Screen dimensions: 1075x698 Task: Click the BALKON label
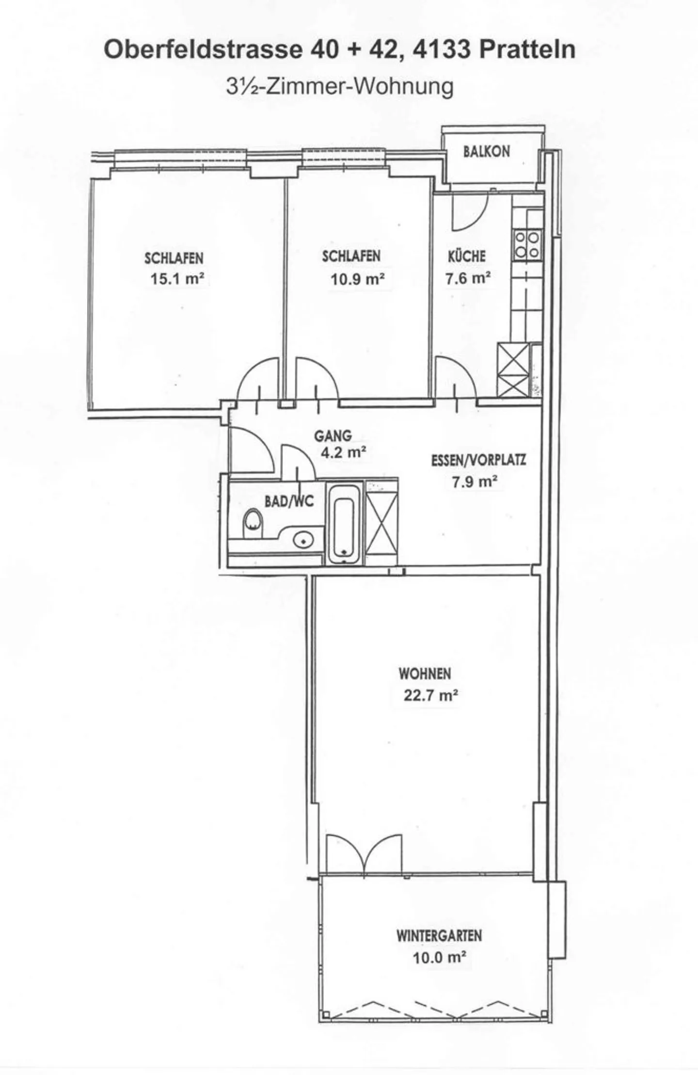486,151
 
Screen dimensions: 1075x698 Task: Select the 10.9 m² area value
357,279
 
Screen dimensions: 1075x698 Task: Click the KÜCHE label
466,256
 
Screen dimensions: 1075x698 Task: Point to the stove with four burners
527,244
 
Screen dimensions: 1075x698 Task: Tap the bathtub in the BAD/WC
345,522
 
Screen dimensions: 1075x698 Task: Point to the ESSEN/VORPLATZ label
478,460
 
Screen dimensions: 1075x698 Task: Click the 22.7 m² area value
431,695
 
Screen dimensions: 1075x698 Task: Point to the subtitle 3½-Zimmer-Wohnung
339,87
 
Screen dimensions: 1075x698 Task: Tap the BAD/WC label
289,501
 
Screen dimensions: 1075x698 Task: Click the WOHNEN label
425,674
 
